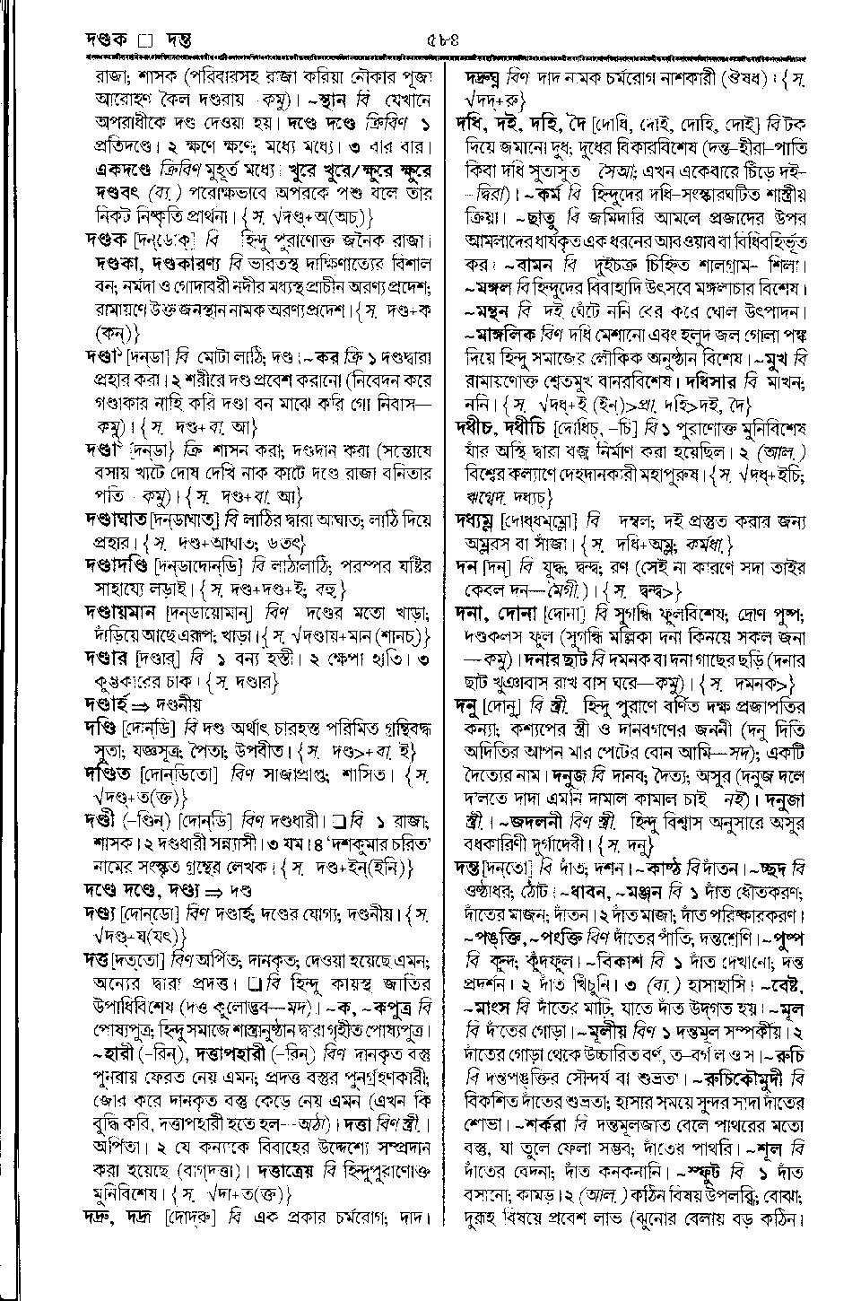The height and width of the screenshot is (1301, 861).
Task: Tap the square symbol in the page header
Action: tap(149, 39)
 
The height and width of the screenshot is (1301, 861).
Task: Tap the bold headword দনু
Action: tap(466, 707)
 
